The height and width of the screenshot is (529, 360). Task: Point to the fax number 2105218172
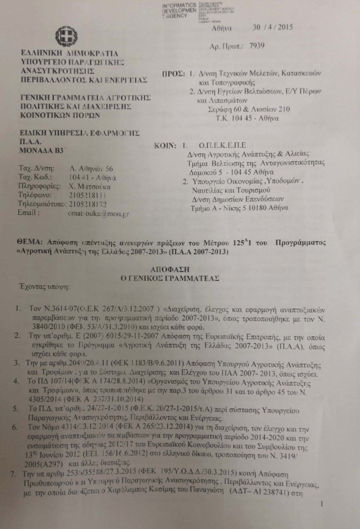pos(88,204)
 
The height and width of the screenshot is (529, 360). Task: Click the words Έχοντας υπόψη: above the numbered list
pos(44,286)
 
